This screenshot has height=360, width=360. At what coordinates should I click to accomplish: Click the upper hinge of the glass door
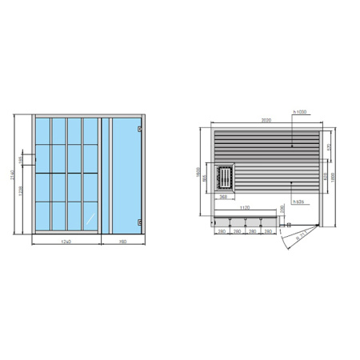[x=140, y=130]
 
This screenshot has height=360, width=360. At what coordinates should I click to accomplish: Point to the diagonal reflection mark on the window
[x=89, y=218]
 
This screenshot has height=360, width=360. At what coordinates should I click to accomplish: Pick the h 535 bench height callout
[x=300, y=202]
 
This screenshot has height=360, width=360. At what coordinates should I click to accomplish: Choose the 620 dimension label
[x=322, y=175]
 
